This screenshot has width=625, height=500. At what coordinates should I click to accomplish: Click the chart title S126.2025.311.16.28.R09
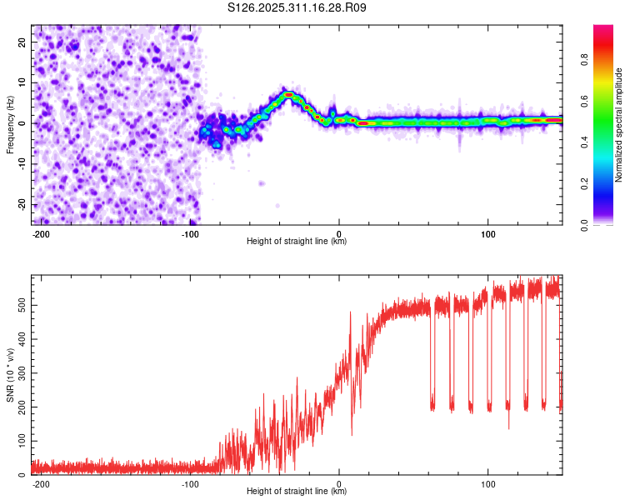click(x=297, y=8)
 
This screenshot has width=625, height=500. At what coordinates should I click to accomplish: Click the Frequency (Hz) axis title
click(x=10, y=124)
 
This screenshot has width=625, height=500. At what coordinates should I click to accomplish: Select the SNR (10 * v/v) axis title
click(x=10, y=375)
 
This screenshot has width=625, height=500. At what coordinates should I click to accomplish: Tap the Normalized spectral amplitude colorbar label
click(x=619, y=125)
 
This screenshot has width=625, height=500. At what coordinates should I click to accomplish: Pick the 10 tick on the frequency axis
click(x=23, y=82)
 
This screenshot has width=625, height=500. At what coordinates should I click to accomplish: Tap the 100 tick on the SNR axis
click(x=20, y=441)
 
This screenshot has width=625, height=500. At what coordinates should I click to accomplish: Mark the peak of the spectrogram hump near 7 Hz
click(x=288, y=94)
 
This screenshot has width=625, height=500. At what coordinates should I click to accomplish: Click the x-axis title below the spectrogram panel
click(x=297, y=242)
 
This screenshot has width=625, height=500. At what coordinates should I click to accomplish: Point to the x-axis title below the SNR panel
click(x=297, y=492)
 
